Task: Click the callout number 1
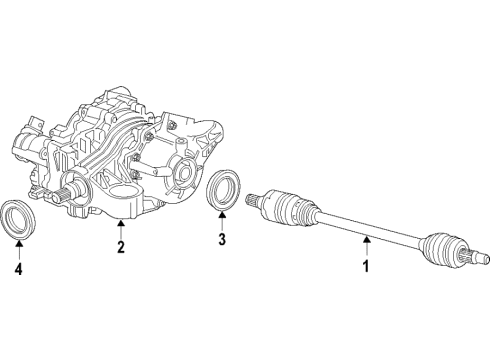point(365,267)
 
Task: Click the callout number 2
point(120,247)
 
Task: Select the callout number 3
point(222,240)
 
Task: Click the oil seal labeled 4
point(18,219)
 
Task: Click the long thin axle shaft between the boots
point(370,229)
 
